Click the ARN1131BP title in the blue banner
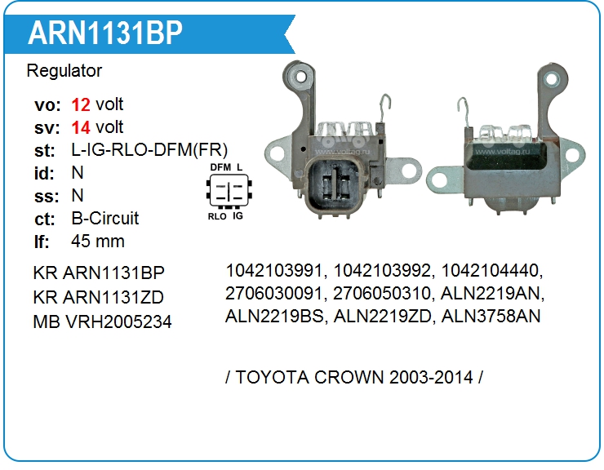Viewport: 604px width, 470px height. pos(105,33)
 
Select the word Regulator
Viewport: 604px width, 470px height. pos(64,71)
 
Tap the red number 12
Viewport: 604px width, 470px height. pos(81,104)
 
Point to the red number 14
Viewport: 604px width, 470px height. pos(81,127)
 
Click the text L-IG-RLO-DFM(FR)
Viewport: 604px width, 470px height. pos(149,150)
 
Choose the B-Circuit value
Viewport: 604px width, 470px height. pos(104,219)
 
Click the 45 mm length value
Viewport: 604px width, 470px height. pos(98,242)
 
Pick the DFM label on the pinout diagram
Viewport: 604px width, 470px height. pos(220,167)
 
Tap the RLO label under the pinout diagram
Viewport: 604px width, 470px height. pos(217,216)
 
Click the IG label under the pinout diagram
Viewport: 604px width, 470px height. pos(238,215)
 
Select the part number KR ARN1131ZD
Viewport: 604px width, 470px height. pos(99,297)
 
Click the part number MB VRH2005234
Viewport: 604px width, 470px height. pos(103,322)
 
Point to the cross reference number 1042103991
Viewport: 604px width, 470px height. pos(273,270)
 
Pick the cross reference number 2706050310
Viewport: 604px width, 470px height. pos(381,293)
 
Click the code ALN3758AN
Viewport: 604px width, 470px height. pos(491,316)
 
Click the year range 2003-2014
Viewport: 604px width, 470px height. pos(431,377)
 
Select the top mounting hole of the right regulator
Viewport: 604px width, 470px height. pos(551,80)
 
